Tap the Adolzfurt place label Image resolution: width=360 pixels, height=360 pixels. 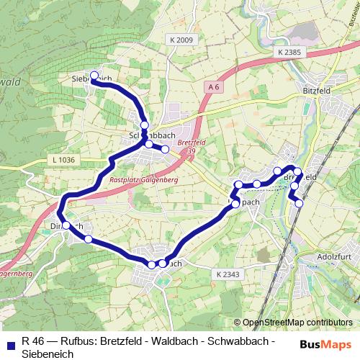tap(333, 256)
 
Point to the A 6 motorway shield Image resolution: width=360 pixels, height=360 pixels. tap(212, 87)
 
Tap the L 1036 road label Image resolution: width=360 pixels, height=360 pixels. tap(64, 159)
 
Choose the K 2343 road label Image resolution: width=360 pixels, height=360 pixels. tap(227, 274)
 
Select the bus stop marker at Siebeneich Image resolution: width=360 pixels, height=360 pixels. tap(94, 75)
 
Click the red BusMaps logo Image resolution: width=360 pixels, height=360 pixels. tap(326, 344)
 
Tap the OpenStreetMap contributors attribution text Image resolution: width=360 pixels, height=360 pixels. tap(297, 323)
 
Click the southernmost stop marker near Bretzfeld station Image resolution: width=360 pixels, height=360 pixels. tap(299, 202)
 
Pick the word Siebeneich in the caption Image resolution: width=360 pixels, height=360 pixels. tap(47, 353)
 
